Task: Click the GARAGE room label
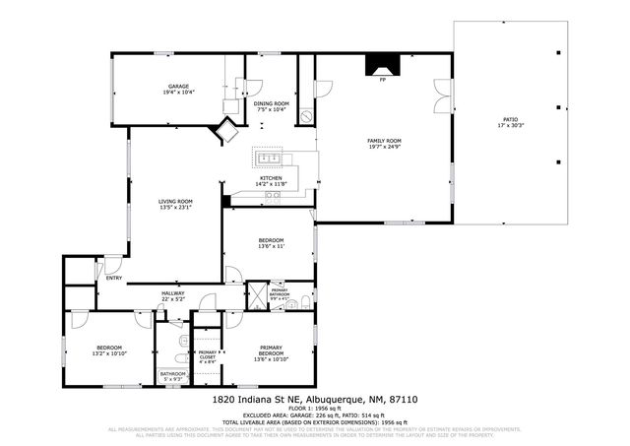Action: pyautogui.click(x=178, y=87)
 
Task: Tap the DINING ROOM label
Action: pyautogui.click(x=272, y=103)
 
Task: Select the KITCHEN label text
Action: pyautogui.click(x=271, y=178)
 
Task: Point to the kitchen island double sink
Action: pyautogui.click(x=270, y=158)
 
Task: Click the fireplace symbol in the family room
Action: pyautogui.click(x=381, y=65)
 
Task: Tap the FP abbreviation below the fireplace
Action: pyautogui.click(x=381, y=81)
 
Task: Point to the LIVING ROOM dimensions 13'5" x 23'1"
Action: pyautogui.click(x=175, y=207)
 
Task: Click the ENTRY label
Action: pyautogui.click(x=114, y=277)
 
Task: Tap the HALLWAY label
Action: pyautogui.click(x=173, y=292)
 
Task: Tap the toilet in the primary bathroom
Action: pyautogui.click(x=306, y=299)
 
